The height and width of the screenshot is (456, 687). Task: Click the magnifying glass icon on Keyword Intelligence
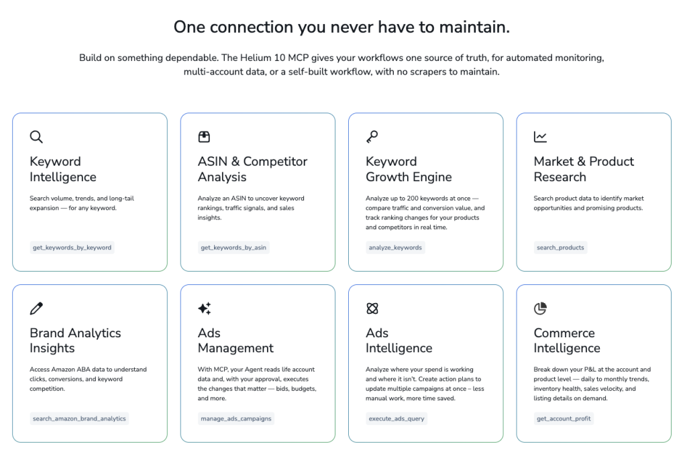pos(36,137)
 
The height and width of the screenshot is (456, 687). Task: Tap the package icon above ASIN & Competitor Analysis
pos(204,137)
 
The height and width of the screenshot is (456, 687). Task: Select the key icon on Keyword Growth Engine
pos(372,137)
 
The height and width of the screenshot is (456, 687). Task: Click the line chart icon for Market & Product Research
pos(540,137)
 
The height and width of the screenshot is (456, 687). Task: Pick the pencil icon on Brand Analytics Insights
pos(36,308)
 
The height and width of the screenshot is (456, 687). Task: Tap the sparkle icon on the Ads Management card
pos(204,308)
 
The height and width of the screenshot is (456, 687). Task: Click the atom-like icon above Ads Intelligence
pos(372,308)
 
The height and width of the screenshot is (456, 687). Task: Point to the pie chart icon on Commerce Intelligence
pos(540,308)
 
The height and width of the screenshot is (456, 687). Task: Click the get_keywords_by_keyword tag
pos(72,247)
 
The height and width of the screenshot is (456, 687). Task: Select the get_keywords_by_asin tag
pos(233,247)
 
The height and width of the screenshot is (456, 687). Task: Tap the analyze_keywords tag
pos(395,247)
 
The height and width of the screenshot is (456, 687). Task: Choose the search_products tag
pos(560,247)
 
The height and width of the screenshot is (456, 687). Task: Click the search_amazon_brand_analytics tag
pos(79,418)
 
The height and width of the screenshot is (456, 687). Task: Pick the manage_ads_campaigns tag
pos(236,418)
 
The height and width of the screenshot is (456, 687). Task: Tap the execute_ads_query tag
pos(397,418)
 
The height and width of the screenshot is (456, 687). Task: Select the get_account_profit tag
pos(564,418)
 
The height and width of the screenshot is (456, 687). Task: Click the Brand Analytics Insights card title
pos(75,341)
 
